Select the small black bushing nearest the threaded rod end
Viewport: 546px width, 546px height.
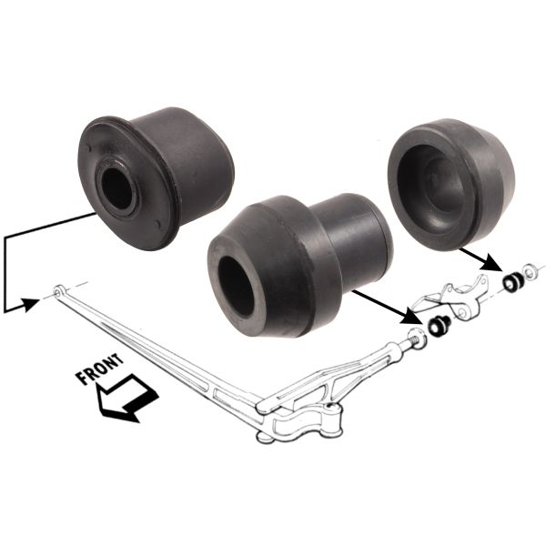coord(439,326)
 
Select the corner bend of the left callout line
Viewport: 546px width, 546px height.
coord(6,236)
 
